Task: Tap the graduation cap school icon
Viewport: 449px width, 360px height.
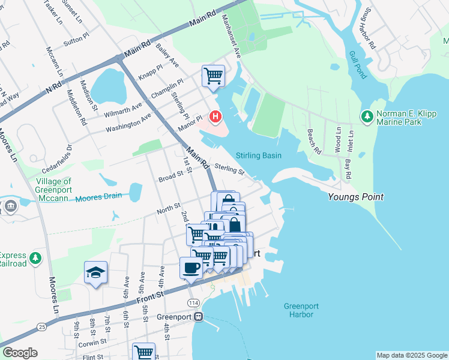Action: point(95,273)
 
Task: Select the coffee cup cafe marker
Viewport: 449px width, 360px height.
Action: point(191,268)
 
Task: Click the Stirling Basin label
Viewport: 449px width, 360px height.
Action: point(259,155)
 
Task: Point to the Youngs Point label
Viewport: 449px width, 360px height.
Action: point(355,197)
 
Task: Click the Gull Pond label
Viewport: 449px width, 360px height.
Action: point(357,65)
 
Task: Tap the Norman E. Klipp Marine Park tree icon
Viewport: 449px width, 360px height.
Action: point(366,115)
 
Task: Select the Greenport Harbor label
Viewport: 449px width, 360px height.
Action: point(301,310)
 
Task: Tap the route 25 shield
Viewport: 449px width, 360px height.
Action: point(41,326)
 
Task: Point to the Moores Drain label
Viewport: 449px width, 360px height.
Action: point(98,196)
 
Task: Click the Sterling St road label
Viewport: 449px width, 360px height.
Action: point(230,170)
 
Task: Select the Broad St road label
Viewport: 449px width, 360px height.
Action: point(170,177)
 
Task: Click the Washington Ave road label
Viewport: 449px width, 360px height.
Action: point(128,124)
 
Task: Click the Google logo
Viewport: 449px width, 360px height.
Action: point(20,353)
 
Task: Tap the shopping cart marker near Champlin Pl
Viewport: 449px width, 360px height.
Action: point(212,76)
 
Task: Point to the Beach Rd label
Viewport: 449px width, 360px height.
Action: point(313,141)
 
